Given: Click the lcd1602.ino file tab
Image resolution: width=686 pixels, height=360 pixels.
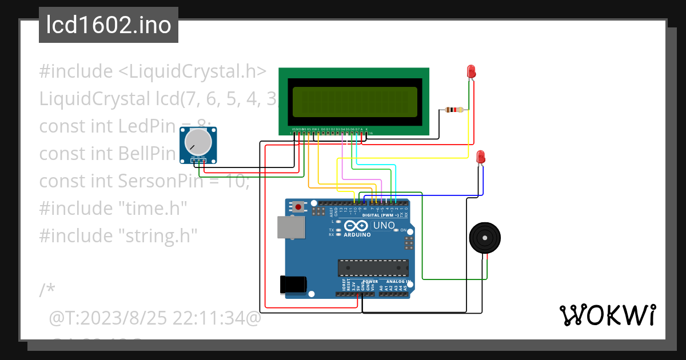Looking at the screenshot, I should click(x=109, y=25).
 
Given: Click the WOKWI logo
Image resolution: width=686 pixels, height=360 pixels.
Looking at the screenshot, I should click(x=607, y=315).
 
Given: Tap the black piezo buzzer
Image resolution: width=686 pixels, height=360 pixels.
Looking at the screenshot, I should click(x=484, y=238).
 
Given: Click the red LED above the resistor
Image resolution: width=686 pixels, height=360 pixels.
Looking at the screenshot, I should click(x=471, y=72).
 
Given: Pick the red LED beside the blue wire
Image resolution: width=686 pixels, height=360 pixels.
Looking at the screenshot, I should click(x=481, y=157).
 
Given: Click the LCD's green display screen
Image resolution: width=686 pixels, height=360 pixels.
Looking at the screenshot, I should click(x=354, y=101).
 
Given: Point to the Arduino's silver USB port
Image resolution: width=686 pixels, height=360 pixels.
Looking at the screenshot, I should click(x=290, y=227).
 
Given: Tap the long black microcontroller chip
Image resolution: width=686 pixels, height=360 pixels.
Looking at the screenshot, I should click(x=373, y=267).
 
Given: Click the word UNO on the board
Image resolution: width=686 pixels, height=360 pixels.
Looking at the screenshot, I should click(x=384, y=226).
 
